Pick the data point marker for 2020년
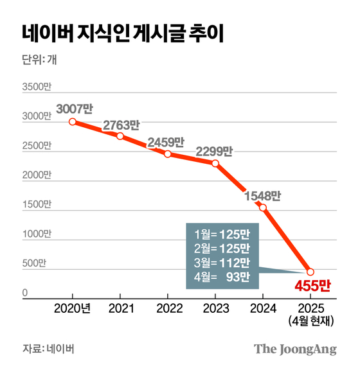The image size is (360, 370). click(x=73, y=121)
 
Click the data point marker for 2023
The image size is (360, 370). click(x=215, y=163)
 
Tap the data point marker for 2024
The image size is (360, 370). click(x=263, y=207)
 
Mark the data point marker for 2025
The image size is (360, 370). click(x=310, y=272)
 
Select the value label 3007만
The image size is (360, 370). click(x=74, y=108)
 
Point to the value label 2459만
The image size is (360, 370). click(x=166, y=142)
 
